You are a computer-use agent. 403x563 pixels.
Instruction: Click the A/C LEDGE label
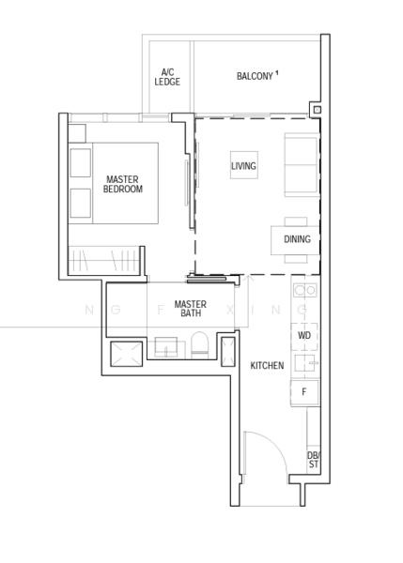point(167,77)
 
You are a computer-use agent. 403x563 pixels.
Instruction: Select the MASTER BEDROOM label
point(122,184)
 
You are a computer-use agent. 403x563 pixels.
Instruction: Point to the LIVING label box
point(243,165)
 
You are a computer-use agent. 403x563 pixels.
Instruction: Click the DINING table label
point(297,239)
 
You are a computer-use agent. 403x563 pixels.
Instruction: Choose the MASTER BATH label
point(191,309)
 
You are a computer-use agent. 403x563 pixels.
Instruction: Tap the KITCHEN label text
point(267,366)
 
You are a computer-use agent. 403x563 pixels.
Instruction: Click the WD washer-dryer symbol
point(304,336)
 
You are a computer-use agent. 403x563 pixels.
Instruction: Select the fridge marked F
point(304,392)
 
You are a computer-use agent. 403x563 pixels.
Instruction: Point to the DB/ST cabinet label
point(314,460)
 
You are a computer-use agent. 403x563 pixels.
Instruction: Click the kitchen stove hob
point(305,290)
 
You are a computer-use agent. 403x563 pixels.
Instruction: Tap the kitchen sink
point(306,363)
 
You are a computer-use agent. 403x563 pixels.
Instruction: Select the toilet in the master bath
point(199,344)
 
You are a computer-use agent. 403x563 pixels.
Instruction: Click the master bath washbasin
point(165,347)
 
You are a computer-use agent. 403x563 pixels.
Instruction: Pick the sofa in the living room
point(302,165)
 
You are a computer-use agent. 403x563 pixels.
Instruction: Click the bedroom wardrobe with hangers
point(104,260)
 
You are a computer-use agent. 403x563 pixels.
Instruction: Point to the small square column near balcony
point(317,110)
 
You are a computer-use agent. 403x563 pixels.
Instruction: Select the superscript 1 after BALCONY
point(277,73)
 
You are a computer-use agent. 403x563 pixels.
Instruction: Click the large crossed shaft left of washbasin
point(126,354)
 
